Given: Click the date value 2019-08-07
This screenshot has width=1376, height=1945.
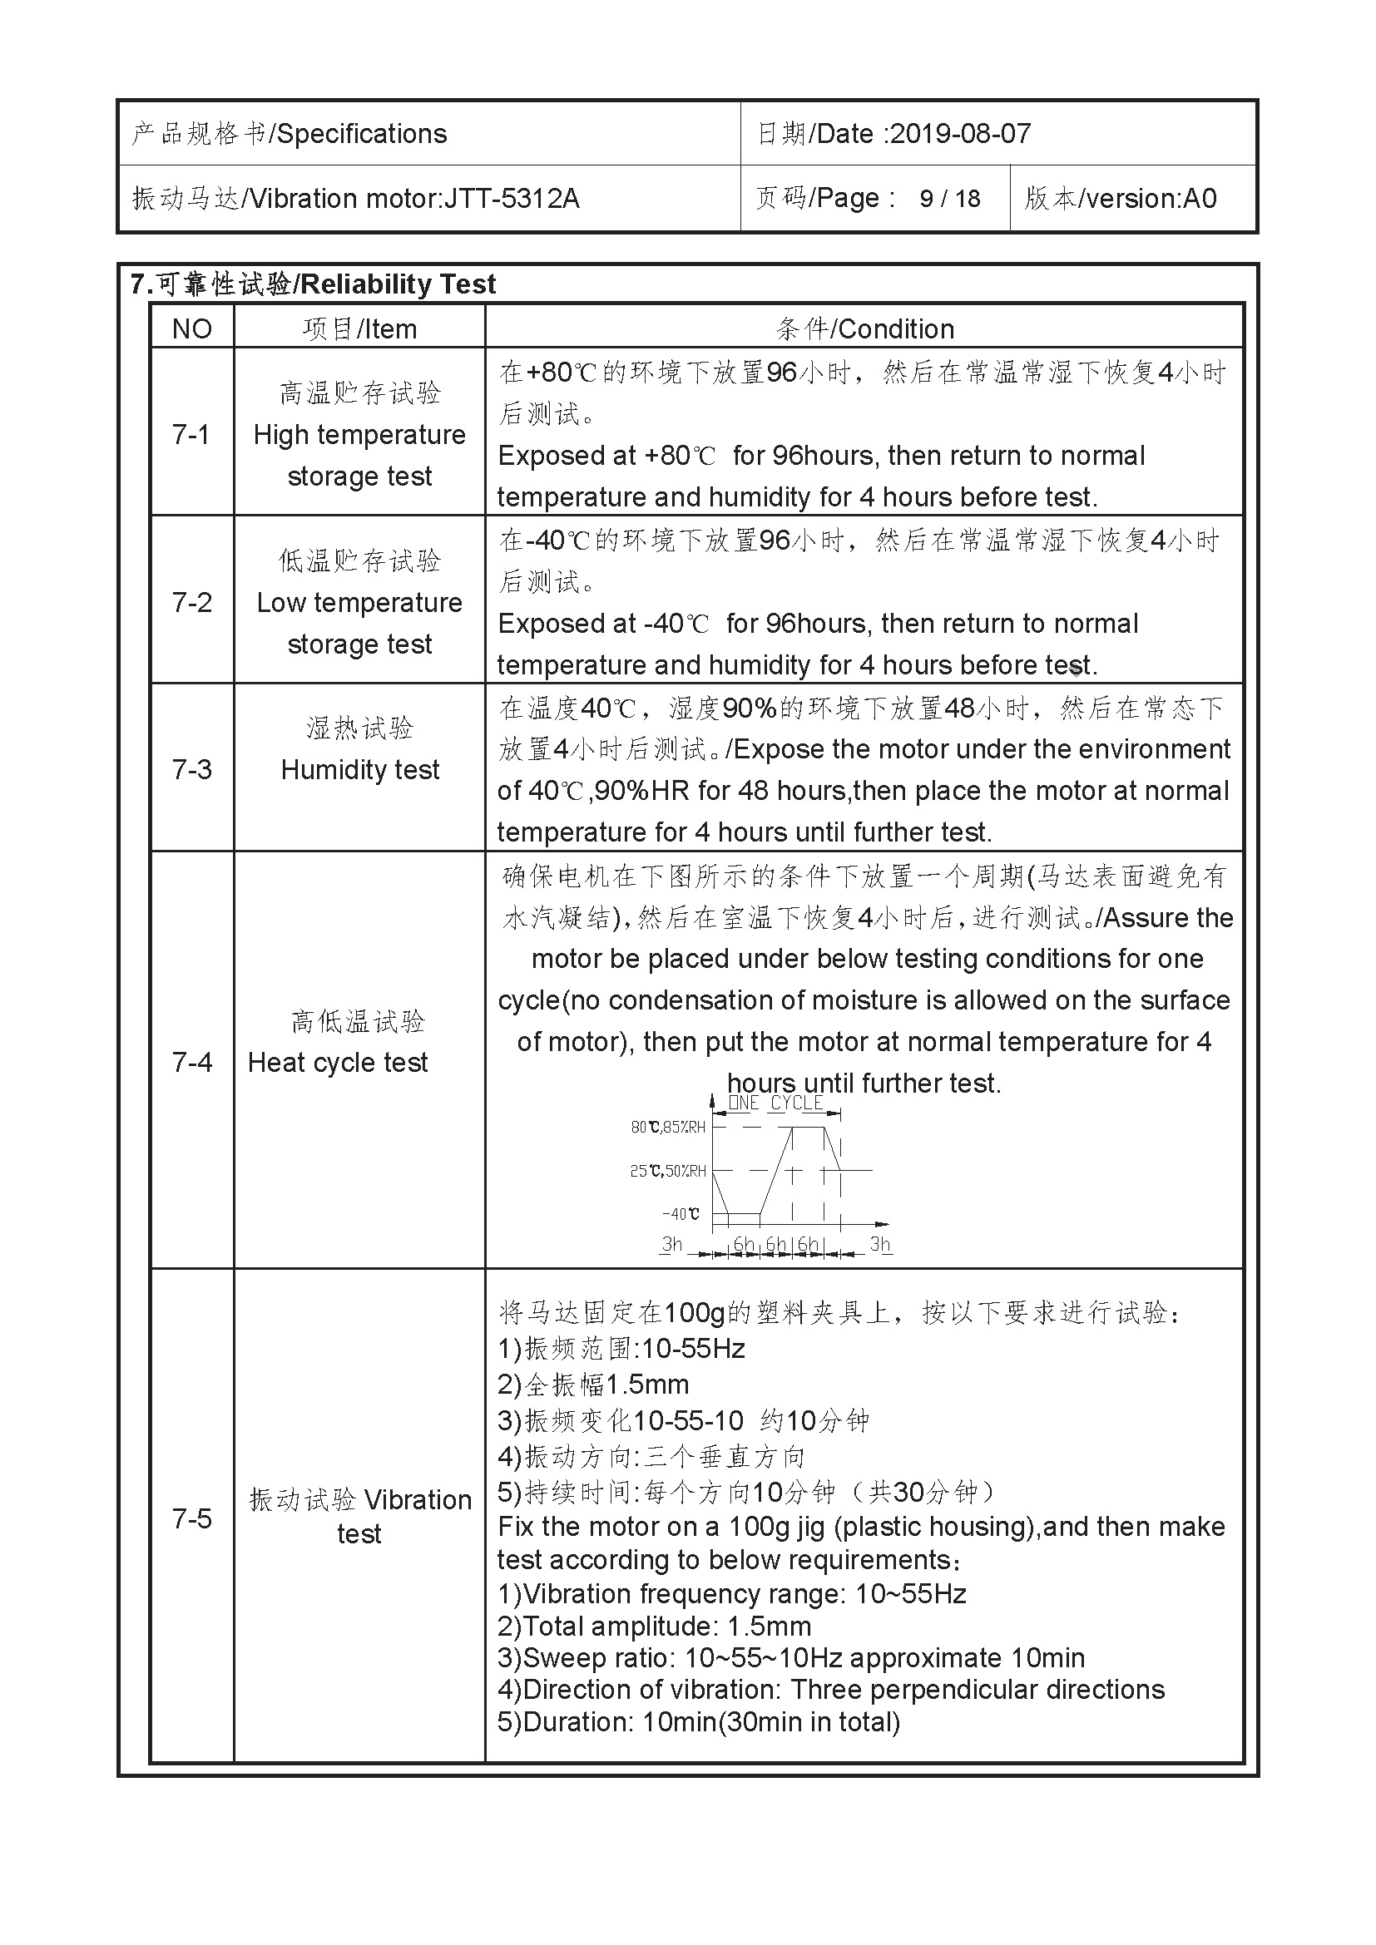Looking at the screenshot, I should (960, 134).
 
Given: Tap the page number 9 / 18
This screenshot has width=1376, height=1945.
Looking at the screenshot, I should (949, 199).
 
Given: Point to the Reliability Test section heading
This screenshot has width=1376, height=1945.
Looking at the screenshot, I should (313, 284).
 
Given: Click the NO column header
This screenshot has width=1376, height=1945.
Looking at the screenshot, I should (191, 328).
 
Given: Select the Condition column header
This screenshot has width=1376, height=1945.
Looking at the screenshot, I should (864, 328).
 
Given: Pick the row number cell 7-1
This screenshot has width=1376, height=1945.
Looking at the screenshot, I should (191, 435).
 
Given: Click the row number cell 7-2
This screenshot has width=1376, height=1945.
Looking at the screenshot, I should (191, 602).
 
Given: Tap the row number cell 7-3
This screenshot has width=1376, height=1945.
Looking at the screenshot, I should (191, 769).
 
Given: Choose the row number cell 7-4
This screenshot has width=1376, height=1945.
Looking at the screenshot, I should (191, 1062).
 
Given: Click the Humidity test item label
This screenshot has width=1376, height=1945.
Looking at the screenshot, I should (359, 769).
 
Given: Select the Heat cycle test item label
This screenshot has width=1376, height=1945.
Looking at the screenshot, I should (337, 1062).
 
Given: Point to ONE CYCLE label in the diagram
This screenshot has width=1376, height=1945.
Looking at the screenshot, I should (775, 1103).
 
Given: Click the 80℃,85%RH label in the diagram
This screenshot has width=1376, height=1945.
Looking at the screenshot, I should (668, 1128).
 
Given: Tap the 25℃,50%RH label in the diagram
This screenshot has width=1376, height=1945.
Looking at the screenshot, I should (668, 1172).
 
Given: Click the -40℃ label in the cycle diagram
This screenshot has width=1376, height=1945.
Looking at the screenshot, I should (681, 1214).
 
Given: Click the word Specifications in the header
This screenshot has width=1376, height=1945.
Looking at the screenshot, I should (362, 134).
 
